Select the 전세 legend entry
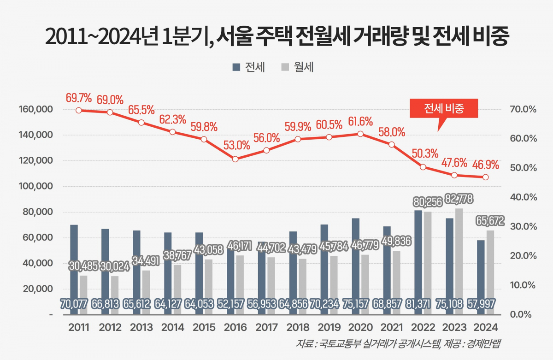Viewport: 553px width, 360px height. coord(249,67)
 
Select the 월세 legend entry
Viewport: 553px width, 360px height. coord(297,67)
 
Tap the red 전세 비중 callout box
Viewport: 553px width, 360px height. coord(443,109)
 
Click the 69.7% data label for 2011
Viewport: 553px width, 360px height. coord(79,98)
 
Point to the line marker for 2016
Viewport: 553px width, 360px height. coord(235,159)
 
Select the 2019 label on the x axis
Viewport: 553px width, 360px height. coord(329,328)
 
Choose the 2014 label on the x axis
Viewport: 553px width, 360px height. coord(173,328)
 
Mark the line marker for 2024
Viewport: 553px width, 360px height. coord(485,177)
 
